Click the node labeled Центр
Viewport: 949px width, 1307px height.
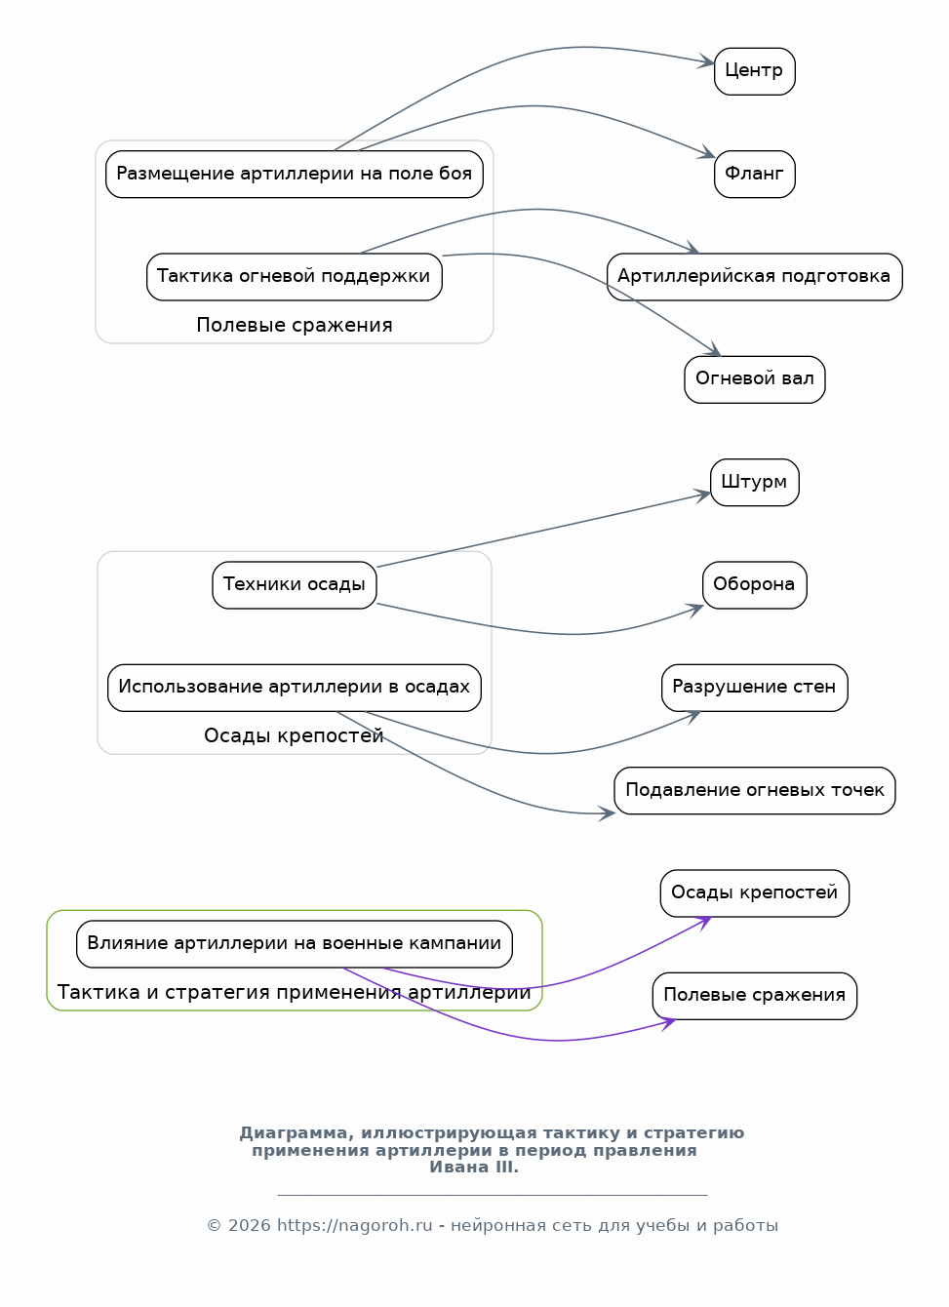pos(754,71)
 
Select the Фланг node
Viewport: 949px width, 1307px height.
pos(754,174)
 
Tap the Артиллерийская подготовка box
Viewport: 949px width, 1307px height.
pos(754,277)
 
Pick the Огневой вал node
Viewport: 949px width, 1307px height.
pos(754,379)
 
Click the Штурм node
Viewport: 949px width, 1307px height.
pos(754,482)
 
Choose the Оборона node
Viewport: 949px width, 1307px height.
pos(754,584)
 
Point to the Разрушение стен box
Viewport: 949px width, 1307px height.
pos(754,688)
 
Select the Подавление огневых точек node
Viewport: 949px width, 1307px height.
pos(754,790)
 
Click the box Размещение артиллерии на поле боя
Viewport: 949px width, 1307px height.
pos(294,174)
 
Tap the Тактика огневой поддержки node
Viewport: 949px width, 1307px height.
pos(294,277)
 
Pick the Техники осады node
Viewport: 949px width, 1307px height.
pos(294,584)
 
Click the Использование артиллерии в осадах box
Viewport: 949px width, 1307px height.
pos(294,688)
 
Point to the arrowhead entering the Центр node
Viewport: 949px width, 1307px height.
pos(706,61)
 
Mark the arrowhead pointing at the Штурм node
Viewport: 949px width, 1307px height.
pos(702,495)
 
